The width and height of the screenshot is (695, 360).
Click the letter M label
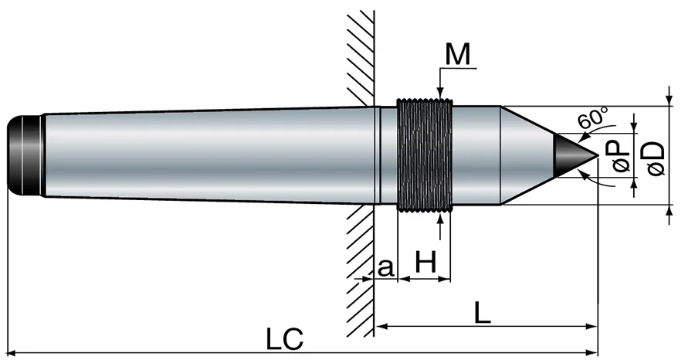click(x=457, y=55)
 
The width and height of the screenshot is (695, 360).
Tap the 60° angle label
click(x=594, y=117)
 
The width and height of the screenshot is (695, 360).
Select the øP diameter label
click(x=621, y=156)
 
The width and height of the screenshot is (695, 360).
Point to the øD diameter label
click(x=655, y=158)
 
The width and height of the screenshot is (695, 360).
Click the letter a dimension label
click(x=385, y=267)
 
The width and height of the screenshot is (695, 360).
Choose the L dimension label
click(x=482, y=314)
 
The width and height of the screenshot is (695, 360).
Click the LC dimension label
click(x=284, y=340)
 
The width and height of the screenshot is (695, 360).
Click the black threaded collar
click(x=425, y=155)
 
